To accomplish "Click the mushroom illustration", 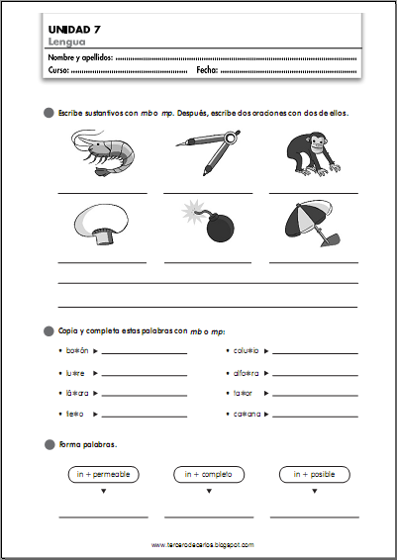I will (101, 224).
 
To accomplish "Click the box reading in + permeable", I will (102, 475).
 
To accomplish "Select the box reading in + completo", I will (208, 475).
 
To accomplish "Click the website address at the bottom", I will (203, 544).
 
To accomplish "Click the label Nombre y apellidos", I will (80, 59).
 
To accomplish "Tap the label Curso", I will (59, 72).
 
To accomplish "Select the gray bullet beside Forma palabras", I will (49, 445).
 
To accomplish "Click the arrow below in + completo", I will (208, 492).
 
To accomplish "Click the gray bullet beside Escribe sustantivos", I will (49, 114).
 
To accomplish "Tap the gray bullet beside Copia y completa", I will (49, 329).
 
